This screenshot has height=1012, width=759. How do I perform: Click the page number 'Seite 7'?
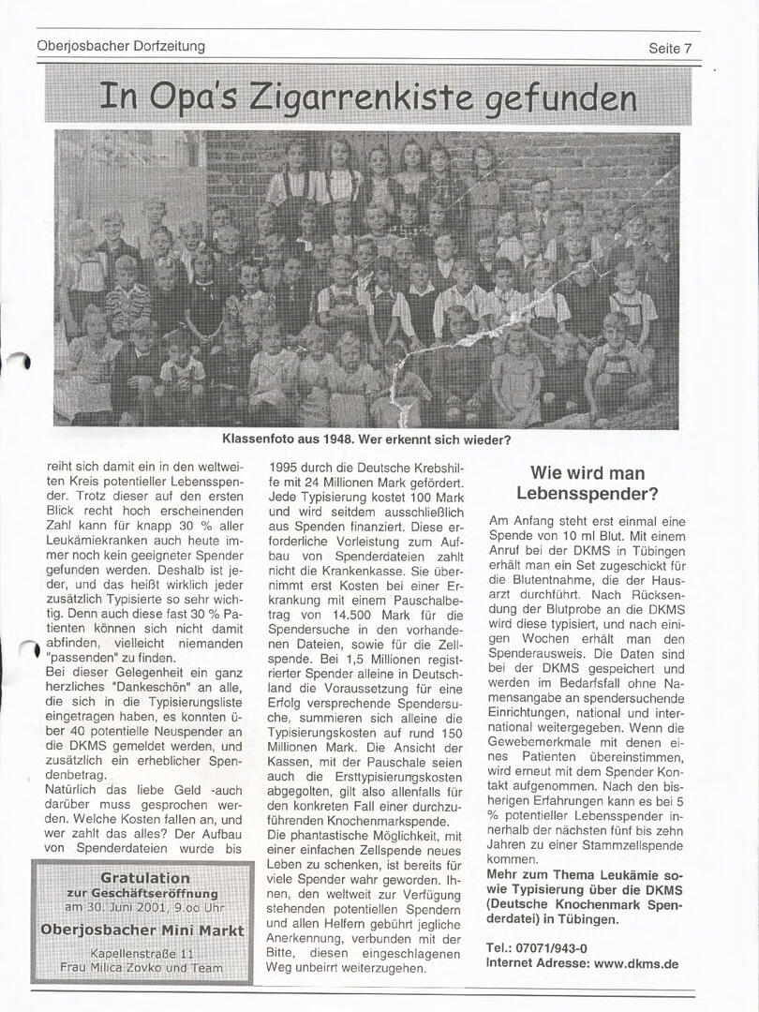click(669, 48)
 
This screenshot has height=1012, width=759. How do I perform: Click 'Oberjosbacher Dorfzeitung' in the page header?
click(121, 45)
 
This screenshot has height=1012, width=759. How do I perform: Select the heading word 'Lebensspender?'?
click(588, 493)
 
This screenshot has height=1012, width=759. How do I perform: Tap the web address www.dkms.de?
click(636, 962)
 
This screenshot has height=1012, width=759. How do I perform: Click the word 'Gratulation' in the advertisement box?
click(144, 878)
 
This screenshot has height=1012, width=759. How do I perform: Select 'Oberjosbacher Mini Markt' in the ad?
click(142, 930)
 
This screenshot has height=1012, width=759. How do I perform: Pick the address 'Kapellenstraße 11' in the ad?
click(142, 952)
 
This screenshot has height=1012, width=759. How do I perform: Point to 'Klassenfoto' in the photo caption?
click(257, 439)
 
